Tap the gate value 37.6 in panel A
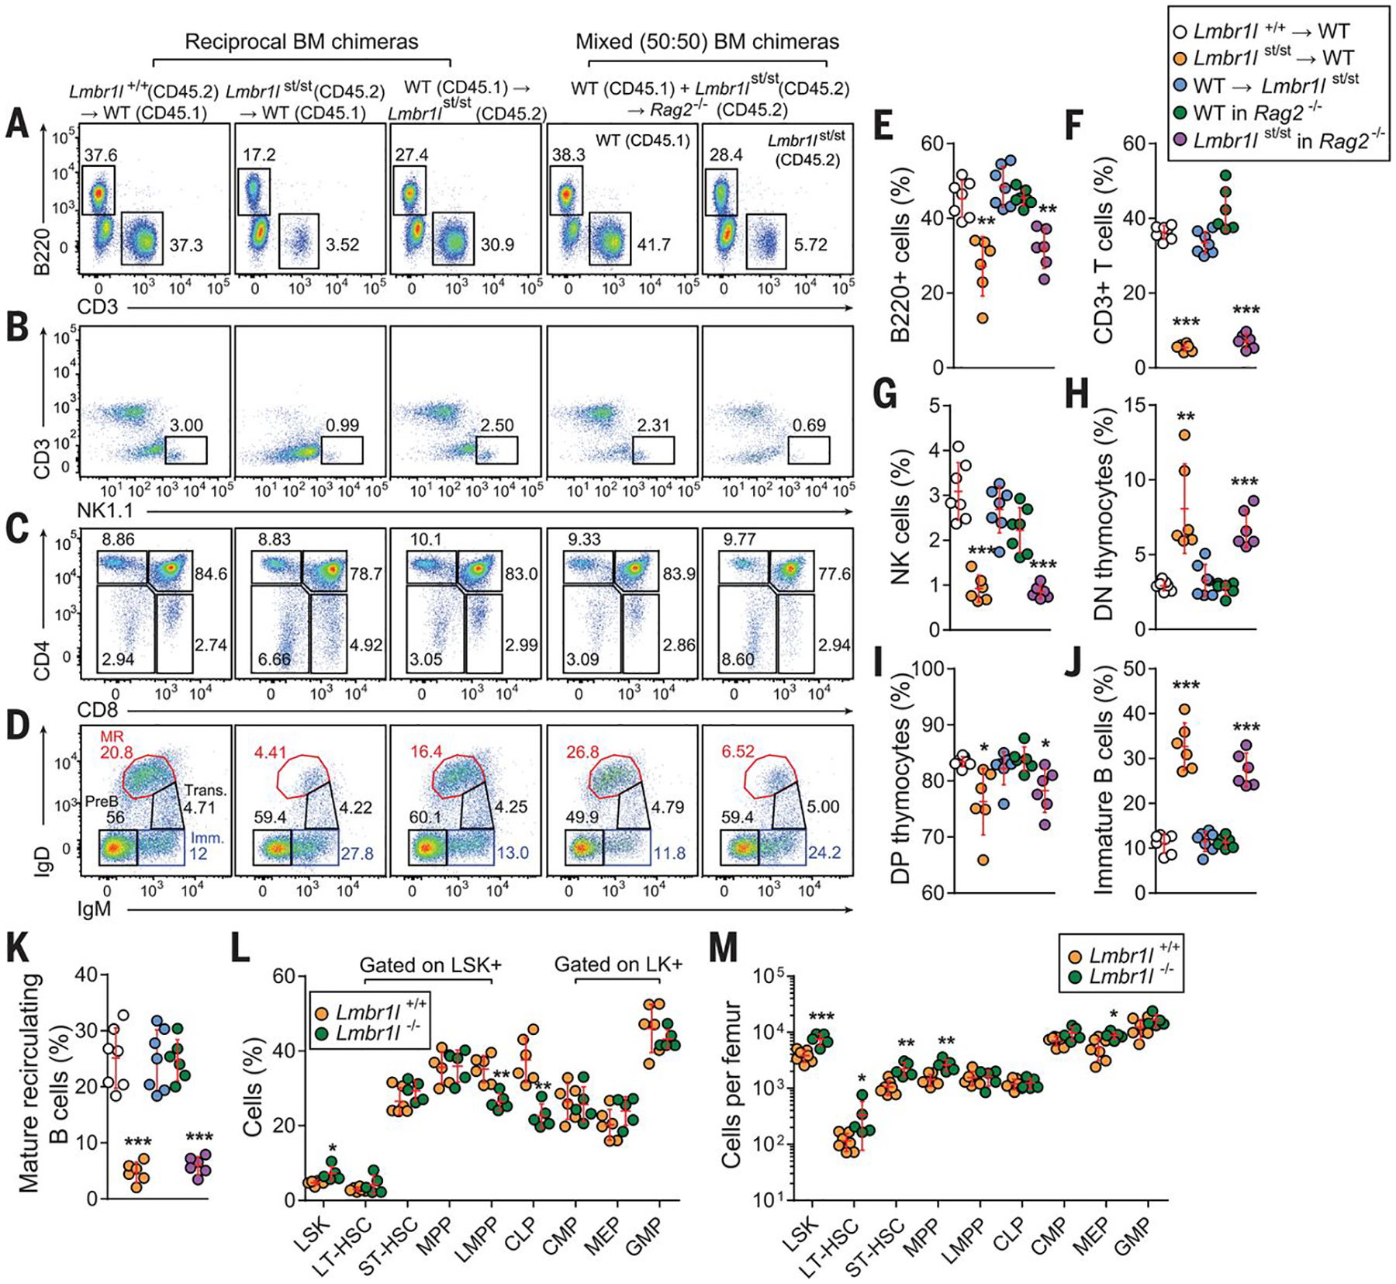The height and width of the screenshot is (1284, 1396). click(x=101, y=155)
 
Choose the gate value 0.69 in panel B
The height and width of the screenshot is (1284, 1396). click(x=808, y=425)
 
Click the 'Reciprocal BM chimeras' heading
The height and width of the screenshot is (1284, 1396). click(x=301, y=41)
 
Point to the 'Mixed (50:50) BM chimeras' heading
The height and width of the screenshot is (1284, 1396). click(x=707, y=41)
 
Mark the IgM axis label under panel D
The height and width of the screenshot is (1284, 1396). click(x=95, y=908)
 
